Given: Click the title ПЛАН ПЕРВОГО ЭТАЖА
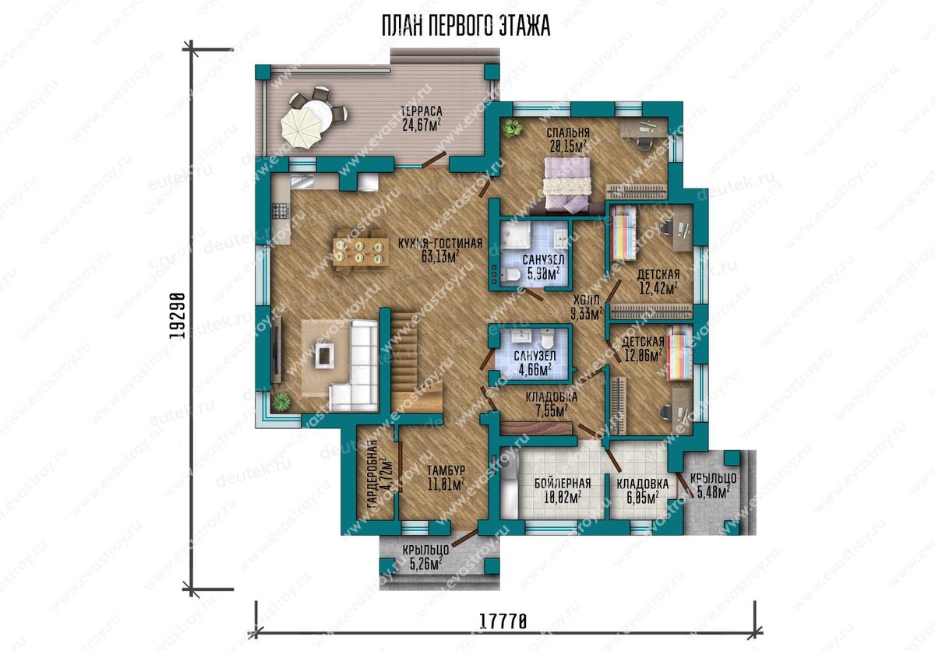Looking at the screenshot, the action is tap(466, 26).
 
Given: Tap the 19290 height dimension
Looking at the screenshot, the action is tap(178, 315).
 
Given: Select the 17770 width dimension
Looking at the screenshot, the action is tap(503, 622).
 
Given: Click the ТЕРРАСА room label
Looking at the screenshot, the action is tap(422, 111).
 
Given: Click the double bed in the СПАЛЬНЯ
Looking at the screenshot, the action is tap(567, 186).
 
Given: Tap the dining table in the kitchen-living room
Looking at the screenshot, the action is tap(361, 252).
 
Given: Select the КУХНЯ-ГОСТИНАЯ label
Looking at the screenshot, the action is tap(440, 244).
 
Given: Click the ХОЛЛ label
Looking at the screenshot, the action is tap(587, 300).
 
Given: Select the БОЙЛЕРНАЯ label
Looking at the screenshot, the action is tap(563, 484).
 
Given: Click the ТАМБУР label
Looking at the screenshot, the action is tap(446, 470).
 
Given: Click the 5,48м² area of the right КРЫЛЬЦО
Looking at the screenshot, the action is tap(713, 492).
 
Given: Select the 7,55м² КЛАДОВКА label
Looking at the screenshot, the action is tap(552, 411).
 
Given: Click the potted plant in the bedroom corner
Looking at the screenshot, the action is tap(513, 128).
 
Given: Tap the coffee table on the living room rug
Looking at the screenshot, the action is tap(324, 355).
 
